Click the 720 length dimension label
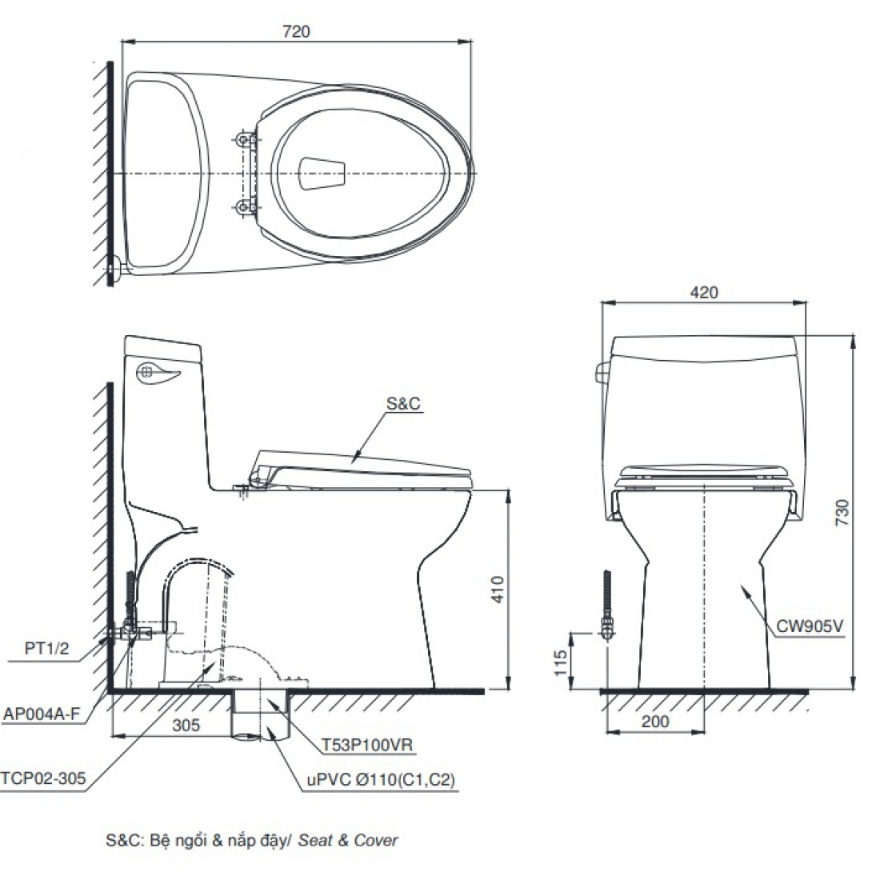(x=296, y=31)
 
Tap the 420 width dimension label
(x=704, y=292)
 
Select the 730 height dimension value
(x=842, y=512)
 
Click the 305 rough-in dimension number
(x=186, y=725)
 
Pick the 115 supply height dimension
(x=560, y=662)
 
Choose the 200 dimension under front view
(x=655, y=722)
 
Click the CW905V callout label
(x=809, y=626)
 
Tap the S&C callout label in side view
(x=404, y=403)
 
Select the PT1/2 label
(x=46, y=648)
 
